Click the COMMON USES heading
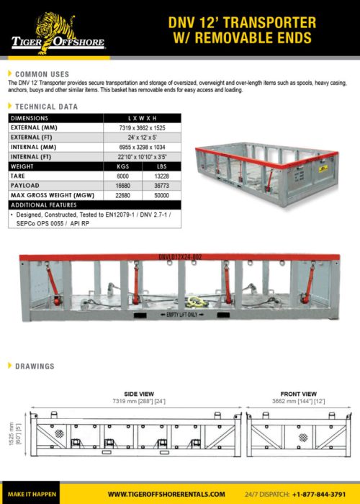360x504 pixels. [x=42, y=74]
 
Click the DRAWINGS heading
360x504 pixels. [x=34, y=366]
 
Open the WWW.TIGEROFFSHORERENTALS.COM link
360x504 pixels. [x=166, y=494]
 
